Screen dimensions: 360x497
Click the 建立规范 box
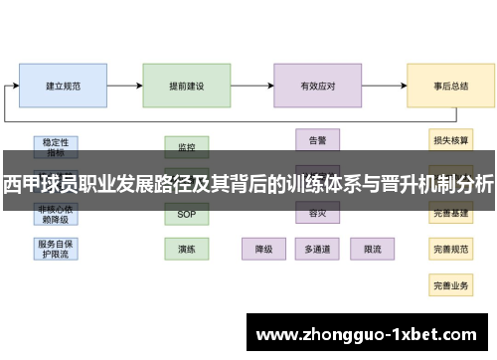coord(63,87)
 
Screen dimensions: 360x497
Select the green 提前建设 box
coord(187,87)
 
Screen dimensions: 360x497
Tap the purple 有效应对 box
coord(318,87)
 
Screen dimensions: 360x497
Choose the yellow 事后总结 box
coord(450,87)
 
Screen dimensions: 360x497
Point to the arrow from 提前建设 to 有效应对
coord(252,87)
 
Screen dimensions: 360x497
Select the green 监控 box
coord(187,146)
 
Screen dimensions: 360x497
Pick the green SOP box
coord(187,214)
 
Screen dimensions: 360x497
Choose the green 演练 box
coord(187,248)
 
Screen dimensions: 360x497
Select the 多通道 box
coord(318,248)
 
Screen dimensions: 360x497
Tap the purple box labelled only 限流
coord(373,248)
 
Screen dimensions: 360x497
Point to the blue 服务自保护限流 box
coord(57,248)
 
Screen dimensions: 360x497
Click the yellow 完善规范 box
coord(450,249)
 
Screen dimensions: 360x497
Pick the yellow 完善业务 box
coord(450,284)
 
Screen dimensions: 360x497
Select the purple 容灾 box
coord(318,213)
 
